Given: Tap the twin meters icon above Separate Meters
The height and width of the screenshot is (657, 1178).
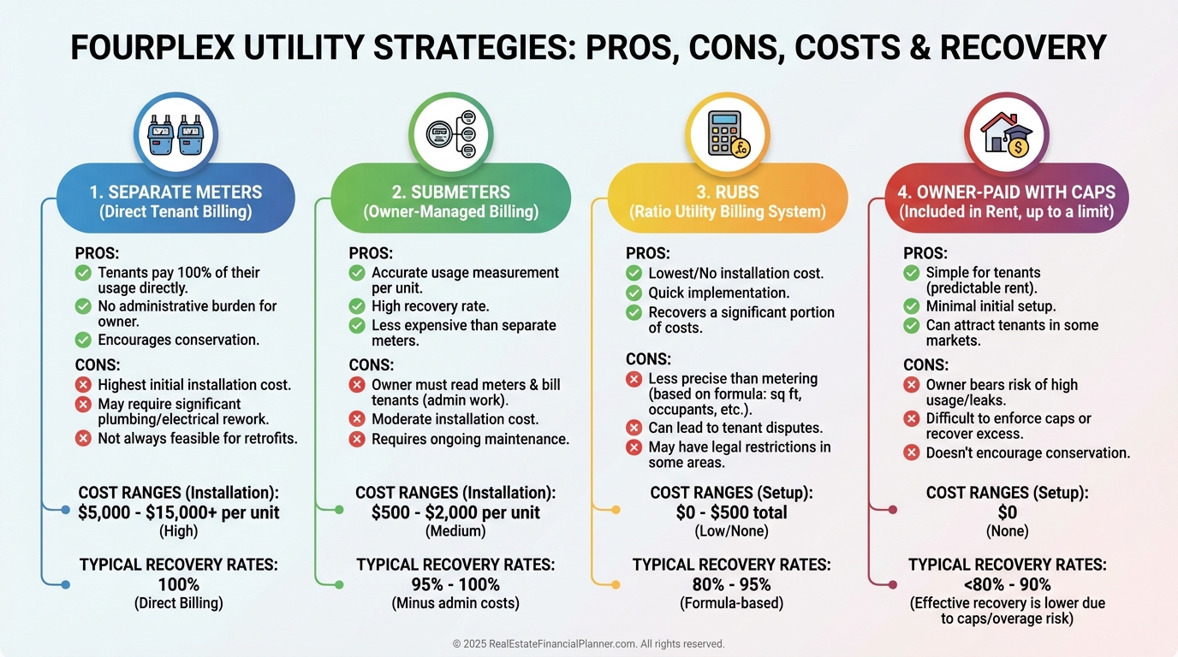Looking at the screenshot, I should [x=176, y=135].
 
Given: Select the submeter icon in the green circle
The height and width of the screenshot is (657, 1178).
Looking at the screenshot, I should [x=450, y=135].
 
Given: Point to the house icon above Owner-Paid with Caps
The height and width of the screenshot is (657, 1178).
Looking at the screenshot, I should [x=1006, y=135].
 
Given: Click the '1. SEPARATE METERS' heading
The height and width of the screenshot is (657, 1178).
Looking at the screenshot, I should [x=176, y=192].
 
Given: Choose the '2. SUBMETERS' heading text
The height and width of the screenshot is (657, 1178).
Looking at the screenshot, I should [x=450, y=192].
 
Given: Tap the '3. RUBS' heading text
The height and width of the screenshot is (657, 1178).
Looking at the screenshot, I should [x=727, y=192].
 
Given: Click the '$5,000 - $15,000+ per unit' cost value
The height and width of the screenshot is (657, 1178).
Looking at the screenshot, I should [x=179, y=512].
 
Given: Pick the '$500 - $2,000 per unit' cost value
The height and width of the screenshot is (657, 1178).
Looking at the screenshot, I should [x=455, y=512].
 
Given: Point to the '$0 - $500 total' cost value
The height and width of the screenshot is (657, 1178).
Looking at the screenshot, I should [x=731, y=512].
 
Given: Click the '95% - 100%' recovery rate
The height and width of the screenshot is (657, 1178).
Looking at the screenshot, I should [x=455, y=584].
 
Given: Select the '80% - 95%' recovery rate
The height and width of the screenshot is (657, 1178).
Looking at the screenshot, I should [x=731, y=584].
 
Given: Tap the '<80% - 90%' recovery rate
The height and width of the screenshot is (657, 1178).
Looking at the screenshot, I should [x=1007, y=584].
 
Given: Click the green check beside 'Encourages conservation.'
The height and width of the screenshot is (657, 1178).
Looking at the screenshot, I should [x=83, y=340].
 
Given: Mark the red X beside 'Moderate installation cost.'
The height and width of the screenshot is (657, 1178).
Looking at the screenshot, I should [x=357, y=419].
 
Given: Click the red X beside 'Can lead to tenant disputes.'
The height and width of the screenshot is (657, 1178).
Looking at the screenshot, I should [x=634, y=428].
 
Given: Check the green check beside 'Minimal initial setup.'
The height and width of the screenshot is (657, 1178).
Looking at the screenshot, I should [x=912, y=305].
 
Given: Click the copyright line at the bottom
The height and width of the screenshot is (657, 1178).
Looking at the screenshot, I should [x=588, y=643].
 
